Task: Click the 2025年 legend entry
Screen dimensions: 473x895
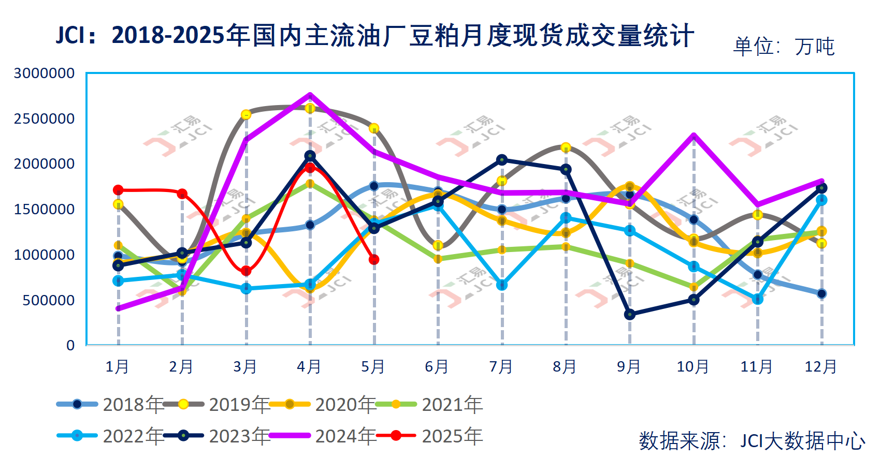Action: click(430, 436)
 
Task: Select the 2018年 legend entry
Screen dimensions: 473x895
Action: click(111, 404)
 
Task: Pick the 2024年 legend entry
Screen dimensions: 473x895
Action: click(324, 436)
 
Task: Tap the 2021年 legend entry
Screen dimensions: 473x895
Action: click(430, 404)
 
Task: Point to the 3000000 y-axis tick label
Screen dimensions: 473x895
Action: click(44, 73)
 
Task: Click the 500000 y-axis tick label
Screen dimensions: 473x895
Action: click(49, 300)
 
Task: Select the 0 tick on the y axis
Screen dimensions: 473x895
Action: click(70, 345)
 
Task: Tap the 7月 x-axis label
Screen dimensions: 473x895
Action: click(501, 367)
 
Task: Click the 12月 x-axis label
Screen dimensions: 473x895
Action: click(821, 367)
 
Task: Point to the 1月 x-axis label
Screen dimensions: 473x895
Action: click(118, 367)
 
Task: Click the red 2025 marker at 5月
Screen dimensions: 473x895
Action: click(374, 259)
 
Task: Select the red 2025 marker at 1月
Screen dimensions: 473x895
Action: click(118, 190)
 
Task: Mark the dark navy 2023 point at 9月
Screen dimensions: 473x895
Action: click(630, 314)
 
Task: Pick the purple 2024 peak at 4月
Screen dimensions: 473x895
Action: click(310, 95)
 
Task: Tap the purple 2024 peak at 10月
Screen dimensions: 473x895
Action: click(694, 136)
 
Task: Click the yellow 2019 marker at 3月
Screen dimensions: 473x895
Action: click(246, 114)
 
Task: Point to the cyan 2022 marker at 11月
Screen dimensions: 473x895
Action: click(758, 299)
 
